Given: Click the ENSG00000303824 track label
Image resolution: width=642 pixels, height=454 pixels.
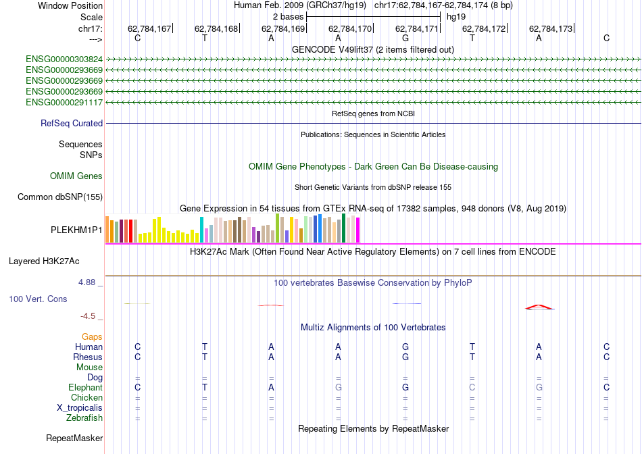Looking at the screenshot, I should click(64, 59).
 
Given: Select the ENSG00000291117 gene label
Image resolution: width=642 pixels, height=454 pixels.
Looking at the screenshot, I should click(64, 103).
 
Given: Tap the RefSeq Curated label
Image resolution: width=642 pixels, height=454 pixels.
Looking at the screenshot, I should click(72, 124).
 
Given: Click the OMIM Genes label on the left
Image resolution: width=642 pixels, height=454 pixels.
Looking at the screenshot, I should click(76, 176).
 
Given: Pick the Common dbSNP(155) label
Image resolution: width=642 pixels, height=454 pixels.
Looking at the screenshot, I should click(60, 197).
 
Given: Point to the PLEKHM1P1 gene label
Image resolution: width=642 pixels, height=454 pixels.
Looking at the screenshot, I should click(76, 230).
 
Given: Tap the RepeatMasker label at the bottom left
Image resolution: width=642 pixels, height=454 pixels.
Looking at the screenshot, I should click(74, 438).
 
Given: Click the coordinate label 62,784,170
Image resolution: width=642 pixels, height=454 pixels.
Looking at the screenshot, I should click(350, 29).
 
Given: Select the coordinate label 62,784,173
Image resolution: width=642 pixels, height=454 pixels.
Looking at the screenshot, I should click(551, 29).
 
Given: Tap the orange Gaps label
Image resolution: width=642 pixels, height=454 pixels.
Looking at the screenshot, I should click(92, 336).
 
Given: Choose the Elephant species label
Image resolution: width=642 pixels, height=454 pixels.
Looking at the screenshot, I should click(85, 388).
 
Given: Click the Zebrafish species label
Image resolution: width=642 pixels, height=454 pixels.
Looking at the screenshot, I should click(84, 418).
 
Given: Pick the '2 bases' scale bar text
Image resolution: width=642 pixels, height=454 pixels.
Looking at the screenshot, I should click(288, 16).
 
